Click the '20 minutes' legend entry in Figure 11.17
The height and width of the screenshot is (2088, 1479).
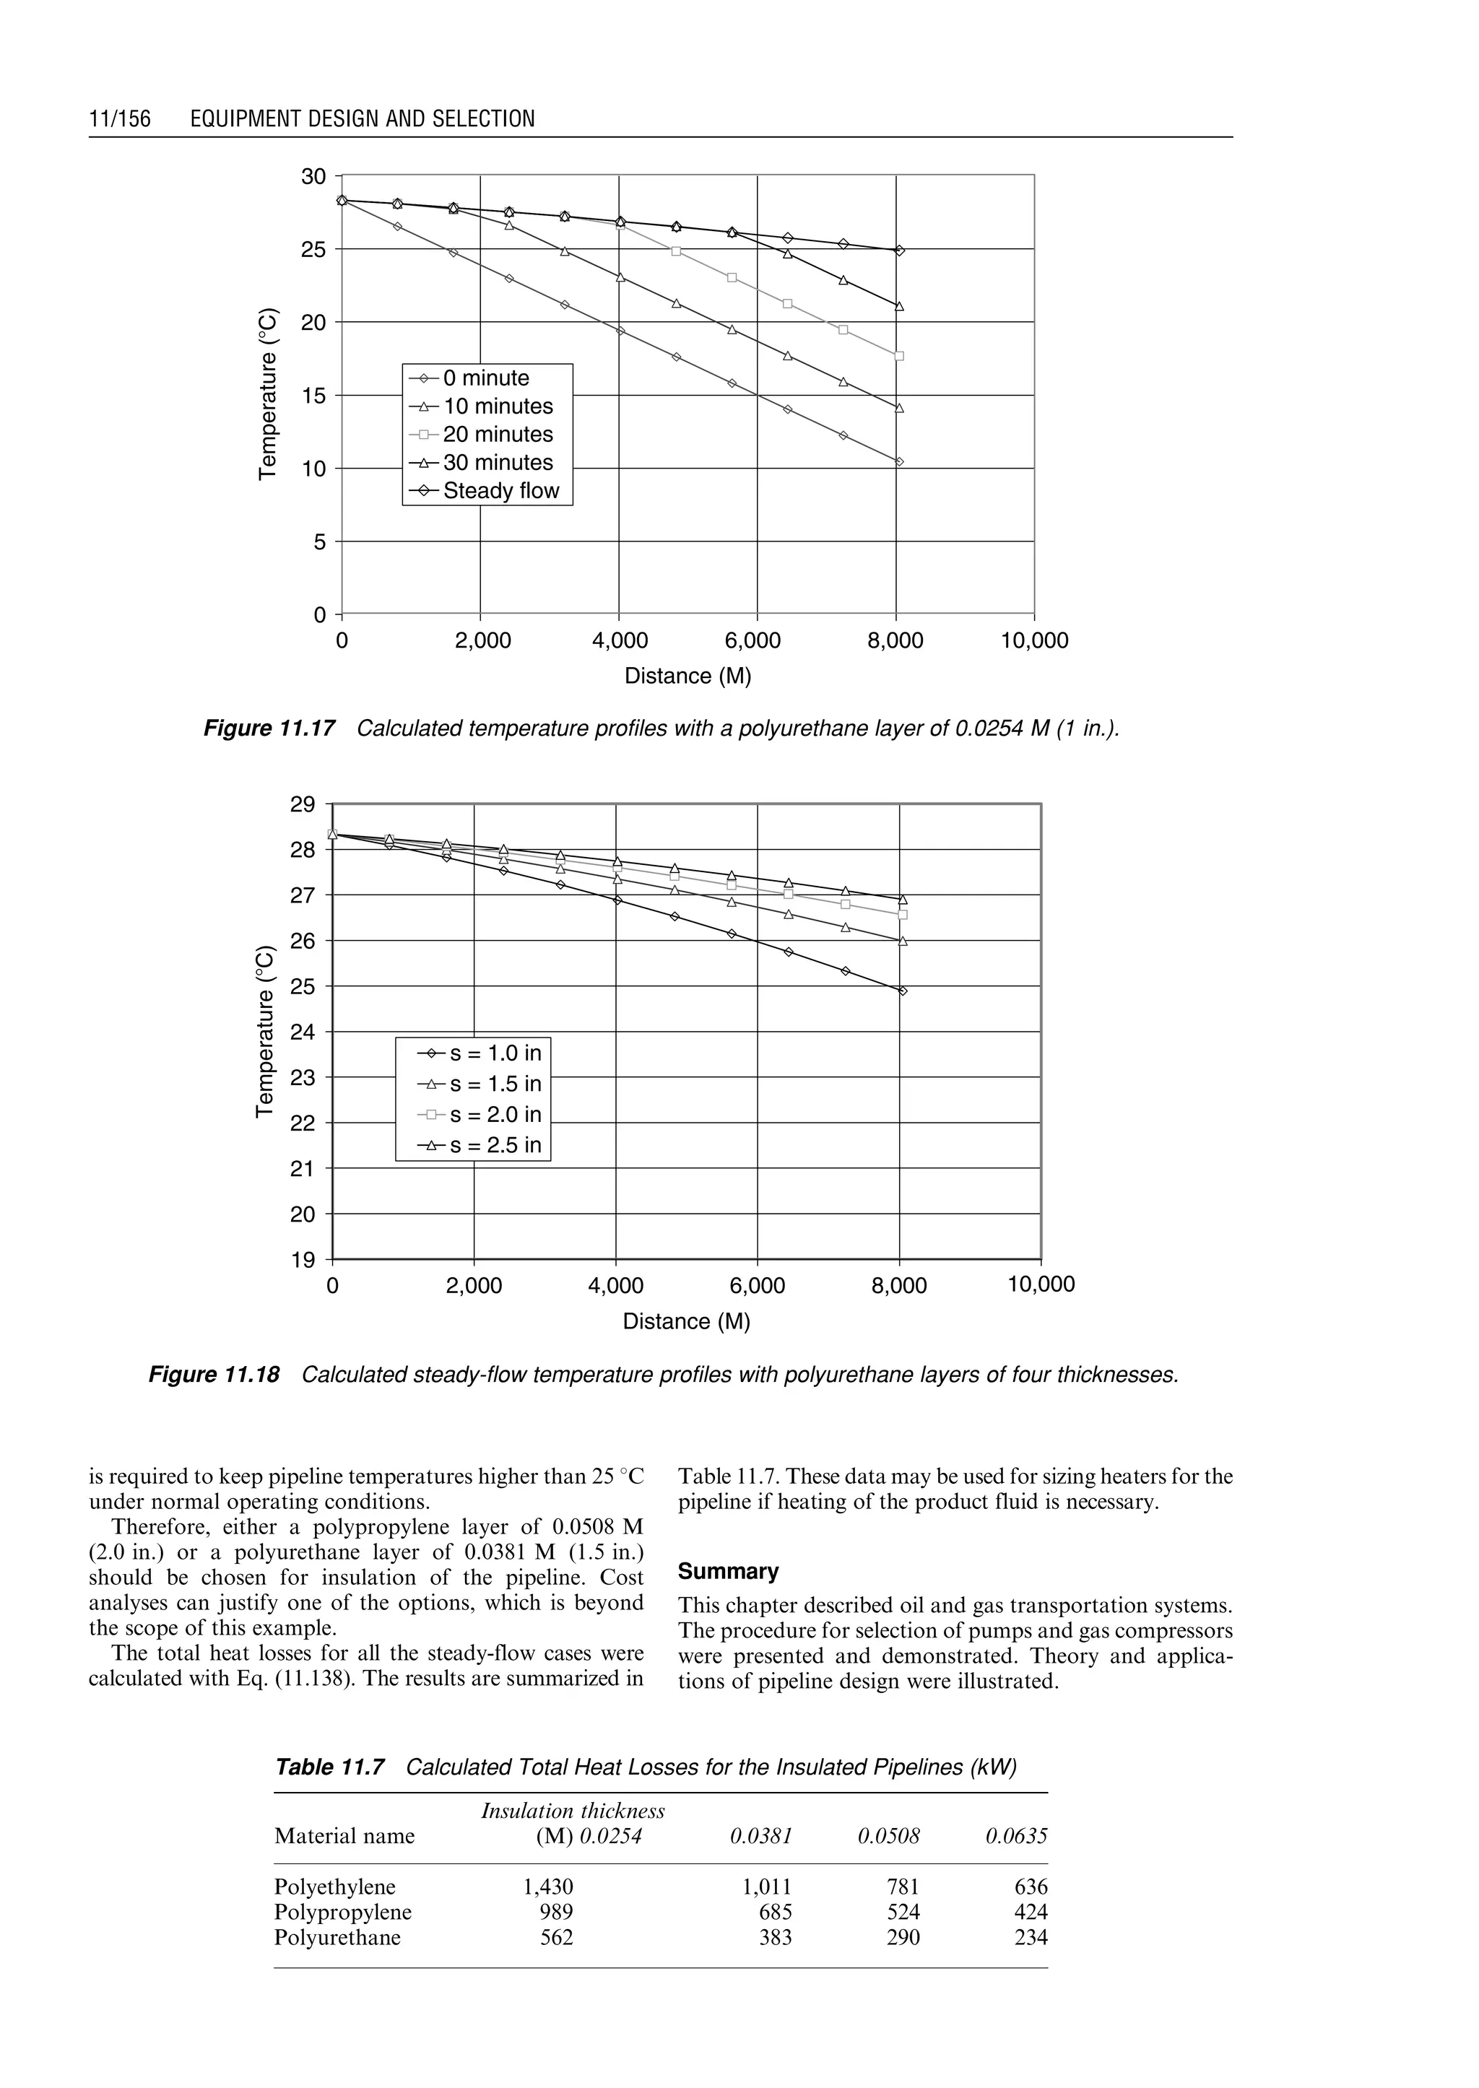(498, 435)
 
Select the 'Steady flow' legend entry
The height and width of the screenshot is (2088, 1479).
(501, 491)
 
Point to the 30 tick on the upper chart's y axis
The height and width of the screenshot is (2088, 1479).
(313, 177)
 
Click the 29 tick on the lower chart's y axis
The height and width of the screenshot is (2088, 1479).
(303, 805)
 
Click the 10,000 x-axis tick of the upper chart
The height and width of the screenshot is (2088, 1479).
(1035, 641)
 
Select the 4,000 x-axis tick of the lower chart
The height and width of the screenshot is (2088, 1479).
(617, 1286)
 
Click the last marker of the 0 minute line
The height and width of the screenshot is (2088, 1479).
(900, 461)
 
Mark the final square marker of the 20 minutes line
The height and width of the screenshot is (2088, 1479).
(900, 356)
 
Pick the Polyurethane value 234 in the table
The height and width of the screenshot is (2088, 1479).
(1031, 1938)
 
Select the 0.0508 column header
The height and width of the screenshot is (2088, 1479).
(889, 1837)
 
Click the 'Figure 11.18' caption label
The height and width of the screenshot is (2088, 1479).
(214, 1374)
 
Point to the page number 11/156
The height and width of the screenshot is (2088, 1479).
(119, 119)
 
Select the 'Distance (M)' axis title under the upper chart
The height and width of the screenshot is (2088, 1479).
(688, 676)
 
